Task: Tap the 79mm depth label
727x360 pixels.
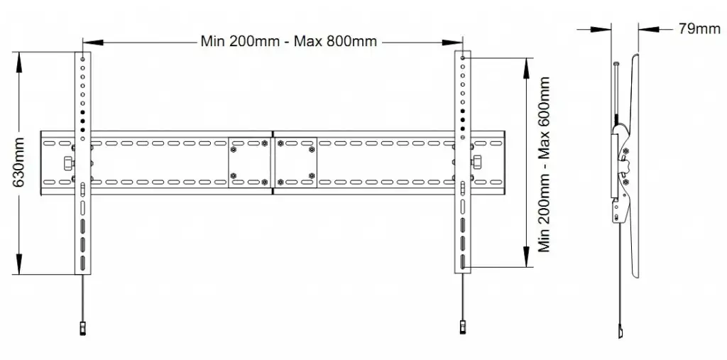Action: point(699,28)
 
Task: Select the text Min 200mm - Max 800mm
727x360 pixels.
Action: point(288,40)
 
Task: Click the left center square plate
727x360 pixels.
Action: point(249,163)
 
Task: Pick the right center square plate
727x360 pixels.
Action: point(295,163)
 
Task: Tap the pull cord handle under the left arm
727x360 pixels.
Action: point(83,329)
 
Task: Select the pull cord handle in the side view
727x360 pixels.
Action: point(620,332)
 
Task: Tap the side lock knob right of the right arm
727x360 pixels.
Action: point(478,163)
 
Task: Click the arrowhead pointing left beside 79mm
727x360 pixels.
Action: point(645,29)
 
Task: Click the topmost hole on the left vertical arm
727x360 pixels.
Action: point(83,58)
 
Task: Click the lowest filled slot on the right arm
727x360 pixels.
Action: point(464,261)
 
